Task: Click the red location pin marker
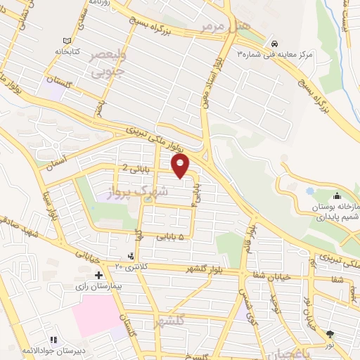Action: click(181, 166)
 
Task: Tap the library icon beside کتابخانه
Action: click(67, 41)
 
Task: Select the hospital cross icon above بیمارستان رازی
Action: click(99, 274)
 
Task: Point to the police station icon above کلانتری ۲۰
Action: click(131, 256)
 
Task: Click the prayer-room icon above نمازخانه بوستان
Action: click(337, 195)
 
